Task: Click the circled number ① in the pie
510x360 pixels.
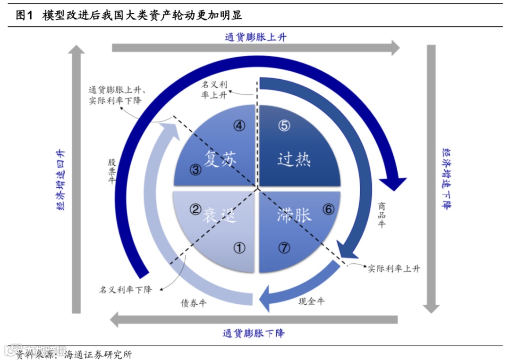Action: click(x=240, y=247)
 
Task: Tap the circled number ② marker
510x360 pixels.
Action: click(x=195, y=209)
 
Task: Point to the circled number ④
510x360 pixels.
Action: click(x=240, y=126)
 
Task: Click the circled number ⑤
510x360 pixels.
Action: click(x=284, y=126)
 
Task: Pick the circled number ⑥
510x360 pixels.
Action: click(x=328, y=209)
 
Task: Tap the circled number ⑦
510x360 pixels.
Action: click(x=284, y=247)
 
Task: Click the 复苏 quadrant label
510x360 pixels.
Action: click(x=220, y=159)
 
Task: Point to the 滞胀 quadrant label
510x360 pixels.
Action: click(x=294, y=215)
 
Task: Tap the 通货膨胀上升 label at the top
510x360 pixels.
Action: click(x=255, y=37)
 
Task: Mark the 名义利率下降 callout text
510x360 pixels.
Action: click(x=126, y=289)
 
